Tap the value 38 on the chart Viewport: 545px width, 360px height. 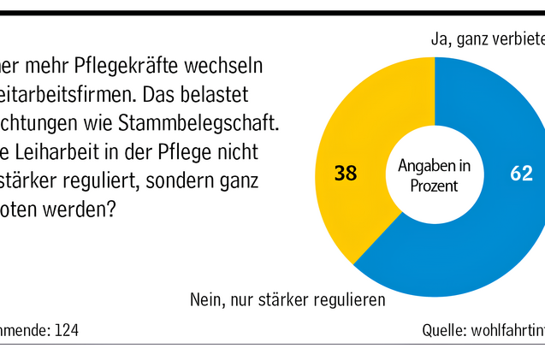pyautogui.click(x=346, y=174)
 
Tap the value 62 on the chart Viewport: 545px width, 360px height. pyautogui.click(x=522, y=174)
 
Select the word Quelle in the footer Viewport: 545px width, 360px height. pyautogui.click(x=443, y=330)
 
